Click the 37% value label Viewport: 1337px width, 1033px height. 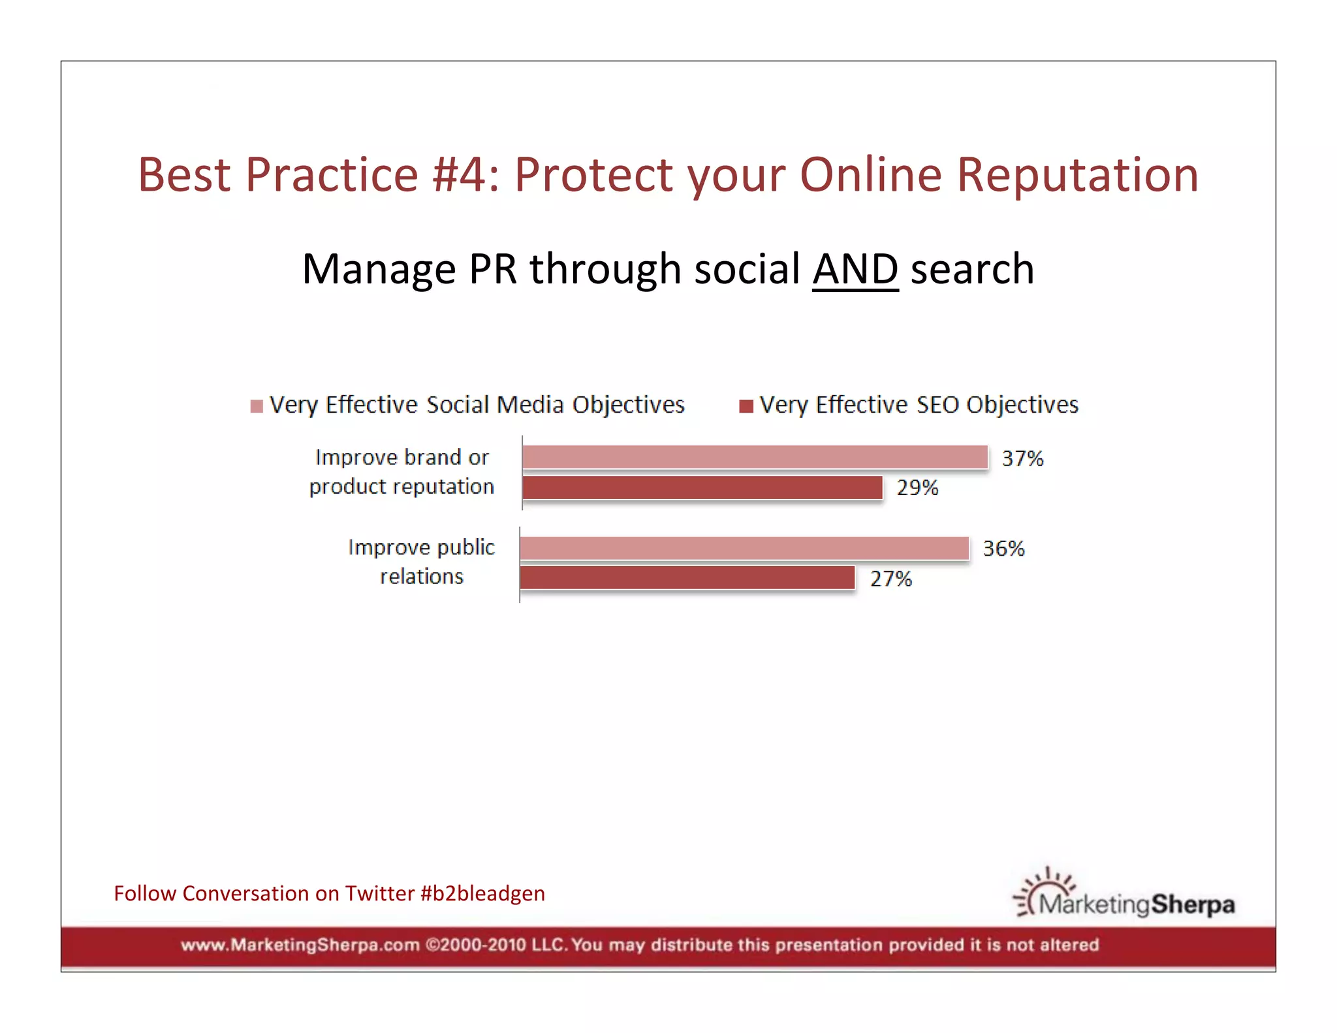point(1022,458)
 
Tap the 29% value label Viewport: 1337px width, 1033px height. point(917,488)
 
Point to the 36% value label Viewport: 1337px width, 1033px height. point(1003,548)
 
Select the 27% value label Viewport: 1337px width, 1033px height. point(890,579)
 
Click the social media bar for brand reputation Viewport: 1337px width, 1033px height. point(755,457)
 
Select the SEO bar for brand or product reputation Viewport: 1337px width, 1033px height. point(702,488)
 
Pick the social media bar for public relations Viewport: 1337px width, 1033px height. point(744,548)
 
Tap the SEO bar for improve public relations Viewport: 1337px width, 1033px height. point(687,578)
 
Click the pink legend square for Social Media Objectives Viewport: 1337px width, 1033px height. point(257,406)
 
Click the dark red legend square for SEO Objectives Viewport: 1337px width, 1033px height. point(746,406)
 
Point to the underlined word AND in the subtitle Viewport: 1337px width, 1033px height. point(855,269)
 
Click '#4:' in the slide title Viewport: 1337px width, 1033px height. point(465,175)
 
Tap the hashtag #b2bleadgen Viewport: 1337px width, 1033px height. point(482,893)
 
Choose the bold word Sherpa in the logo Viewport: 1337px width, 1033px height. point(1193,904)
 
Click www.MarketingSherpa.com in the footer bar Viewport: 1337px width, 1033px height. point(300,945)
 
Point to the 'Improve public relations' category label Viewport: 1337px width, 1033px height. point(422,562)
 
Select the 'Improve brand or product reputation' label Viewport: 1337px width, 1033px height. point(401,471)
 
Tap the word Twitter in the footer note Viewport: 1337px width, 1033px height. point(380,893)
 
